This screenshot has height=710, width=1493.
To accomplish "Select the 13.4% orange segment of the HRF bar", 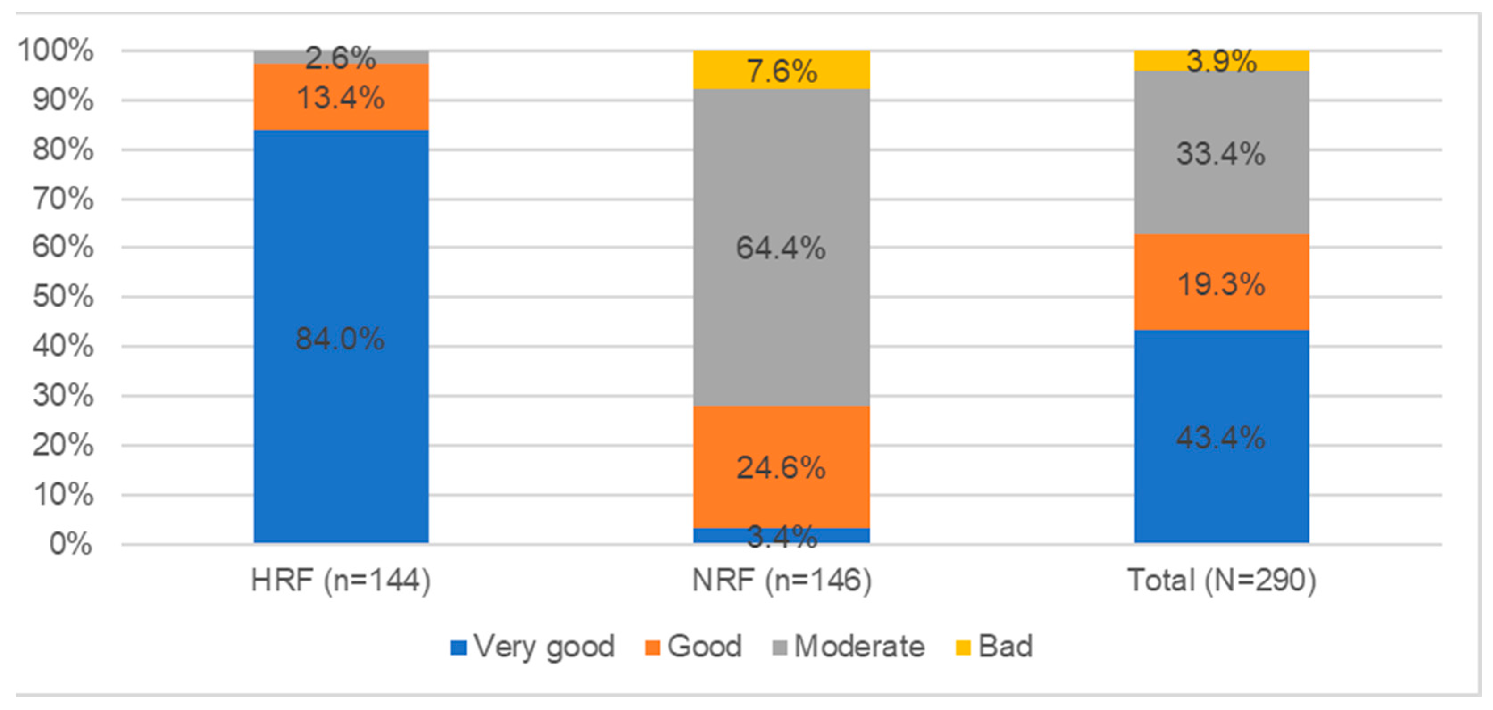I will (x=341, y=97).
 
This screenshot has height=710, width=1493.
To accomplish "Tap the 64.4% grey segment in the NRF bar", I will (x=781, y=248).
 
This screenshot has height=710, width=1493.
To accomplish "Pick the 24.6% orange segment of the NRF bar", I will (x=781, y=467).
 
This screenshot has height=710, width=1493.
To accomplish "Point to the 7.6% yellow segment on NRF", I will (x=781, y=71).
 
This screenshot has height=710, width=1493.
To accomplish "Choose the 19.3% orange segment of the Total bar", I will (x=1221, y=283).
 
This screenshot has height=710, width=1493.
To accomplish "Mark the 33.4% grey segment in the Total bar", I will (x=1221, y=154).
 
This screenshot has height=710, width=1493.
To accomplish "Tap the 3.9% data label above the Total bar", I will (x=1221, y=60).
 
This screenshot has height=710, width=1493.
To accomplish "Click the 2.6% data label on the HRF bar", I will (x=341, y=57).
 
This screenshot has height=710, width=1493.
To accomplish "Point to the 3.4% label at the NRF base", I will (x=781, y=536).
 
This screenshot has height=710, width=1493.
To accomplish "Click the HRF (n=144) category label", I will (x=341, y=580).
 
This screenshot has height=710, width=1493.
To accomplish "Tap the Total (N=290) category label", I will (x=1221, y=580).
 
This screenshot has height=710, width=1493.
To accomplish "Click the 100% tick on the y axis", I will (x=56, y=50).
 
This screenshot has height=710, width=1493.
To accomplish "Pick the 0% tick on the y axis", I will (x=71, y=544).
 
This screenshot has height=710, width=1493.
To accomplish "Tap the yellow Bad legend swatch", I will (x=963, y=648).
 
